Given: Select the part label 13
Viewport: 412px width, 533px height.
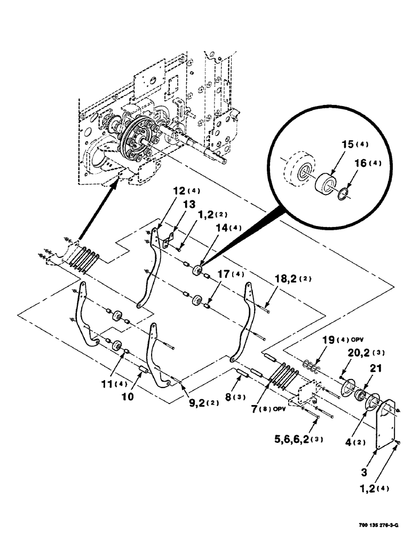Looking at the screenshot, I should tap(176, 204).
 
